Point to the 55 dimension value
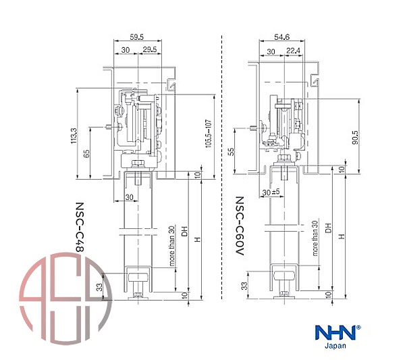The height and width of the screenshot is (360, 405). click(232, 153)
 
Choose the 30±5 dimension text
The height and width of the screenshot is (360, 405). click(272, 193)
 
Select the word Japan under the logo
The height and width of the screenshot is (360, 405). click(336, 345)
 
